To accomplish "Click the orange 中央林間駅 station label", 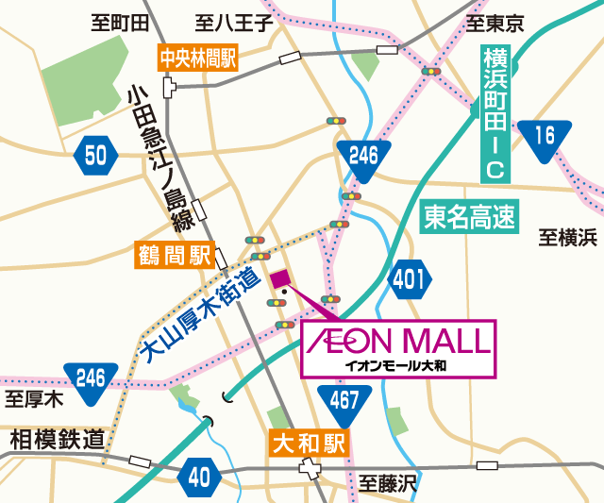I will point(197,59).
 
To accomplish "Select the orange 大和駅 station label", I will point(309,442).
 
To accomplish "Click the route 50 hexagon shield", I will point(95,155).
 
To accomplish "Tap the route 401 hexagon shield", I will point(409,279).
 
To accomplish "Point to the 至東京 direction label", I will point(495,22).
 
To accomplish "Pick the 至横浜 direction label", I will point(568,238).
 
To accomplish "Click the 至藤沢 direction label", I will point(387,485).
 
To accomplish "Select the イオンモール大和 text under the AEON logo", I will point(395,362).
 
